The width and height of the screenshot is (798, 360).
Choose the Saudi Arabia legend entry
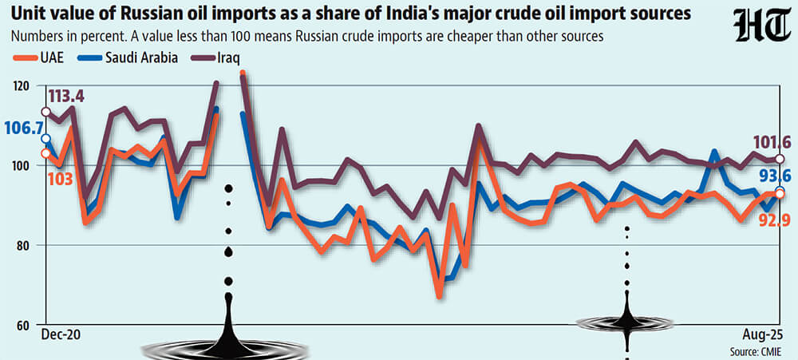point(127,57)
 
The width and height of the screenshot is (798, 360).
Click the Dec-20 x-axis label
point(61,335)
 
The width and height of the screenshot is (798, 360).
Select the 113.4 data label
point(66,97)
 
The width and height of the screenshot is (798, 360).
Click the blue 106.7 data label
point(22,129)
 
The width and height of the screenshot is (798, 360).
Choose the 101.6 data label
point(772,142)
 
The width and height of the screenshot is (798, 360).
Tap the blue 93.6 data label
point(776,175)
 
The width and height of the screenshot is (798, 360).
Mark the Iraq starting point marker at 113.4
point(45,112)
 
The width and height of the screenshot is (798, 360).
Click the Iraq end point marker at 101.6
point(779,160)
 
